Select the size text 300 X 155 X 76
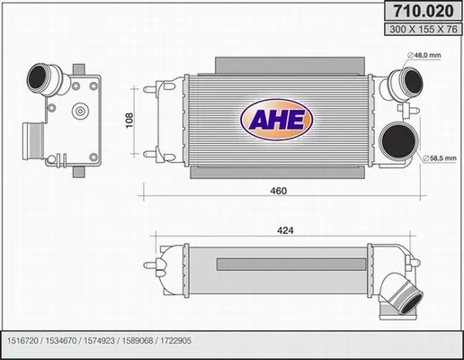pos(420,31)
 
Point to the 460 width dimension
pos(279,191)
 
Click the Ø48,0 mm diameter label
pos(429,56)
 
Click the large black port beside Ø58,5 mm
pos(397,144)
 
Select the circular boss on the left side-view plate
pos(79,112)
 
